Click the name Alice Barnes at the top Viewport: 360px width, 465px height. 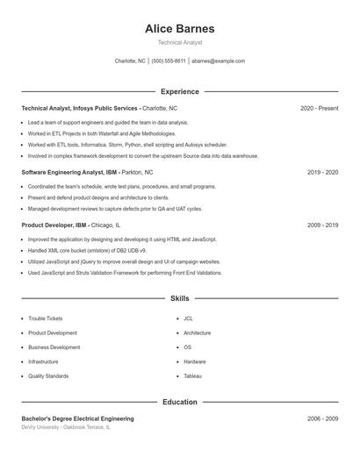tap(179, 28)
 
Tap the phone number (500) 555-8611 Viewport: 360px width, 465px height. tap(169, 61)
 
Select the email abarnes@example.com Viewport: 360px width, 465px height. tap(218, 61)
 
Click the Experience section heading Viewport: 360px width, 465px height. tap(179, 91)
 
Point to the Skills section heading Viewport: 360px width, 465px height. tap(179, 299)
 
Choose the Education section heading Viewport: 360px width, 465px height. tap(179, 402)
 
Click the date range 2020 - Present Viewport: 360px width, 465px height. tap(319, 108)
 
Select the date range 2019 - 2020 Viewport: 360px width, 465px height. tap(322, 173)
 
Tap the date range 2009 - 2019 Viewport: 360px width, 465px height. tap(322, 225)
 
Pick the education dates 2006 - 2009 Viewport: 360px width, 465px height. tap(322, 418)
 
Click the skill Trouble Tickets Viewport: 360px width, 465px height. tap(46, 318)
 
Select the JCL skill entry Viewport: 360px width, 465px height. tap(188, 318)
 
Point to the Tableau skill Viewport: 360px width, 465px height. tap(192, 376)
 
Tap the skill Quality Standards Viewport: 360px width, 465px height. tap(47, 376)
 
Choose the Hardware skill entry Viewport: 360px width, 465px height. tap(194, 361)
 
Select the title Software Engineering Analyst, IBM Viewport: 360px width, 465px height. tap(69, 173)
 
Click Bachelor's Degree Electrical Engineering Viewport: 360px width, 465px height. tap(77, 418)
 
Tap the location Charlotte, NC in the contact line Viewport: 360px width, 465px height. tap(130, 61)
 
